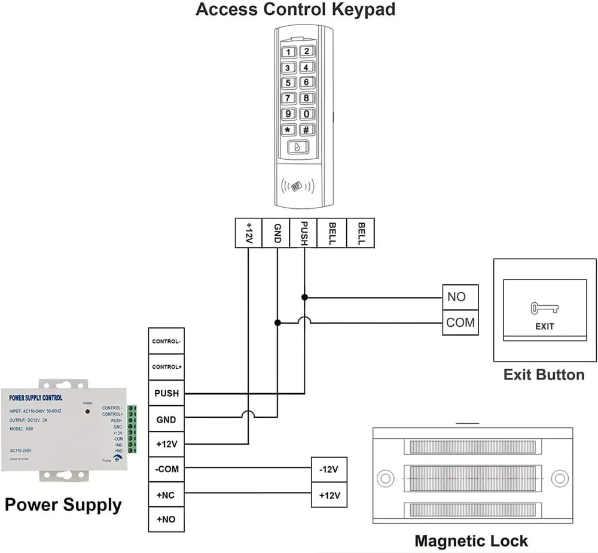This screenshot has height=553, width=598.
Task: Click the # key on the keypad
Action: pyautogui.click(x=306, y=129)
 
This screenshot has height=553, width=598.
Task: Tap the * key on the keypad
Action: pyautogui.click(x=288, y=129)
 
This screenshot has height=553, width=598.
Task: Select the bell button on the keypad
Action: pyautogui.click(x=297, y=147)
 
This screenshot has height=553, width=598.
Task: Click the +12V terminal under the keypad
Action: pyautogui.click(x=248, y=233)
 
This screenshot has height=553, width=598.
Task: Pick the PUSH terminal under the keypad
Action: pyautogui.click(x=304, y=233)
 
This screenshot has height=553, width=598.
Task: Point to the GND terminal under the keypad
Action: pyautogui.click(x=276, y=233)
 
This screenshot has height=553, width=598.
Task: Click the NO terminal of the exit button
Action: pyautogui.click(x=460, y=297)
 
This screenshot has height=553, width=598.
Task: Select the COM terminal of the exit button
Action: pyautogui.click(x=460, y=323)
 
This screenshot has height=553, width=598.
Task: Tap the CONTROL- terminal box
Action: pyautogui.click(x=166, y=341)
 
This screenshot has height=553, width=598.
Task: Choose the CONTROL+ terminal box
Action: pyautogui.click(x=166, y=366)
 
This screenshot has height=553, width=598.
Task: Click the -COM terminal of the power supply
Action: pyautogui.click(x=166, y=469)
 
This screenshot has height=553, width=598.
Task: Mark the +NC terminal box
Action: pyautogui.click(x=166, y=494)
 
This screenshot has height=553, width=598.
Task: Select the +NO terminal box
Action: pyautogui.click(x=166, y=519)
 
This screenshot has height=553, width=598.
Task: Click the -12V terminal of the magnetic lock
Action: pyautogui.click(x=329, y=469)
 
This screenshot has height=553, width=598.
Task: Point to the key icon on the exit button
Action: pyautogui.click(x=544, y=309)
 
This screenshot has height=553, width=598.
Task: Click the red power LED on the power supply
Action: pyautogui.click(x=87, y=412)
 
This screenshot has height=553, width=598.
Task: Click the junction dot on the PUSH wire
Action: pyautogui.click(x=304, y=297)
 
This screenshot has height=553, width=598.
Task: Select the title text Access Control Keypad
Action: pyautogui.click(x=295, y=10)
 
